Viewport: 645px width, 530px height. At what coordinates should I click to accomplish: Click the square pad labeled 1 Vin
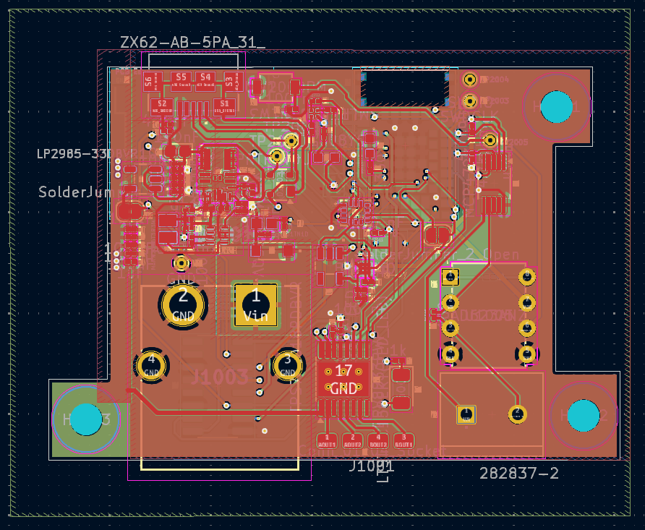click(x=255, y=304)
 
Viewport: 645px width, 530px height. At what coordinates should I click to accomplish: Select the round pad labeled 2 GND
click(x=184, y=304)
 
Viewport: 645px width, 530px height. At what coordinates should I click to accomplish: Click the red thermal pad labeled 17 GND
click(x=343, y=379)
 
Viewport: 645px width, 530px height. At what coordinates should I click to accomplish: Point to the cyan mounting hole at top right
click(x=557, y=106)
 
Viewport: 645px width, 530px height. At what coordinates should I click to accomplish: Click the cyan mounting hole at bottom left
click(x=87, y=419)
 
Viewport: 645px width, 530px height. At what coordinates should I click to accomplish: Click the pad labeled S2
click(x=162, y=106)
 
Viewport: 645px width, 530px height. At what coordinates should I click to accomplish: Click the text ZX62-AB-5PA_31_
click(x=192, y=43)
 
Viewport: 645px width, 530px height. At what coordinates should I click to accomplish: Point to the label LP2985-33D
click(x=74, y=153)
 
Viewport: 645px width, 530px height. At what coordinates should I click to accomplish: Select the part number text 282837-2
click(x=518, y=473)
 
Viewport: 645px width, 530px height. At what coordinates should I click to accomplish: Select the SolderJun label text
click(x=74, y=192)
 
